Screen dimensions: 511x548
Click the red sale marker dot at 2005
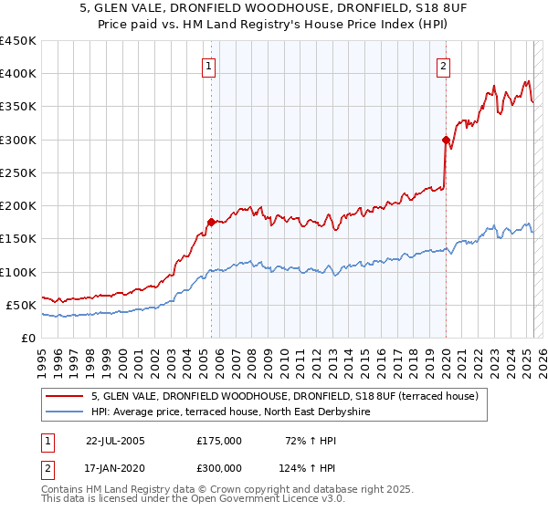[211, 222]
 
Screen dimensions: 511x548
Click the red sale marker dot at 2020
[446, 140]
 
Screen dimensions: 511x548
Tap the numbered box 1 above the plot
[209, 66]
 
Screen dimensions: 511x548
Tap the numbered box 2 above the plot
[443, 66]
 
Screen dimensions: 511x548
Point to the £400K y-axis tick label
[17, 74]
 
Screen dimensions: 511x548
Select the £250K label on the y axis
[17, 172]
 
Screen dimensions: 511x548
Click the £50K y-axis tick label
[21, 305]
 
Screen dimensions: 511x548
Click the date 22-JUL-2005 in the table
[115, 440]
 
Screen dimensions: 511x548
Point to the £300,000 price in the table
[219, 467]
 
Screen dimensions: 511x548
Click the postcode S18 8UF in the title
[423, 9]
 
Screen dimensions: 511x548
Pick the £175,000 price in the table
[219, 440]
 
